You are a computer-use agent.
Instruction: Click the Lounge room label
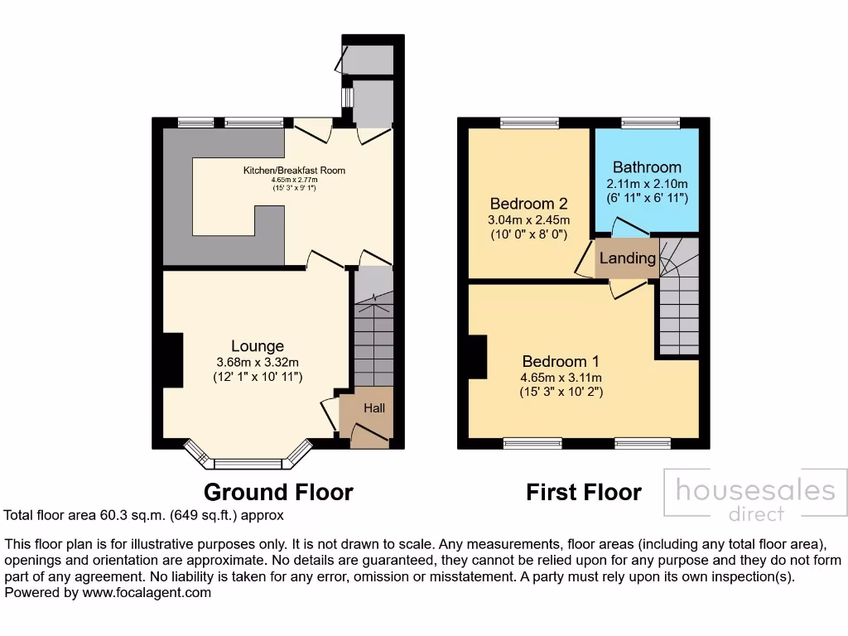[x=258, y=346]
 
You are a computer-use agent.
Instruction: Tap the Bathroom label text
[x=647, y=167]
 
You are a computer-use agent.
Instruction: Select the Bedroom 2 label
[x=528, y=204]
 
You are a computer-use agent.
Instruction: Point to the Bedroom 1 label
[x=561, y=361]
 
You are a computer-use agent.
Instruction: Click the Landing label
[x=627, y=258]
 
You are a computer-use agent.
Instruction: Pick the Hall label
[x=374, y=408]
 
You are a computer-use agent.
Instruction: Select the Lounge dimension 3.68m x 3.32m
[x=258, y=362]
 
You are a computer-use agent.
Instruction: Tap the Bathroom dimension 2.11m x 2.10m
[x=647, y=183]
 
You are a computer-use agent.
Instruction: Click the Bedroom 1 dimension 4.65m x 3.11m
[x=561, y=377]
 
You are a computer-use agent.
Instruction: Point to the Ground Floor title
[x=278, y=493]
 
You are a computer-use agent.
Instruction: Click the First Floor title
[x=584, y=493]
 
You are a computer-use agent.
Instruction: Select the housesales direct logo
[x=755, y=498]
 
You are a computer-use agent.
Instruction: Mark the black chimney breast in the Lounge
[x=172, y=359]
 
